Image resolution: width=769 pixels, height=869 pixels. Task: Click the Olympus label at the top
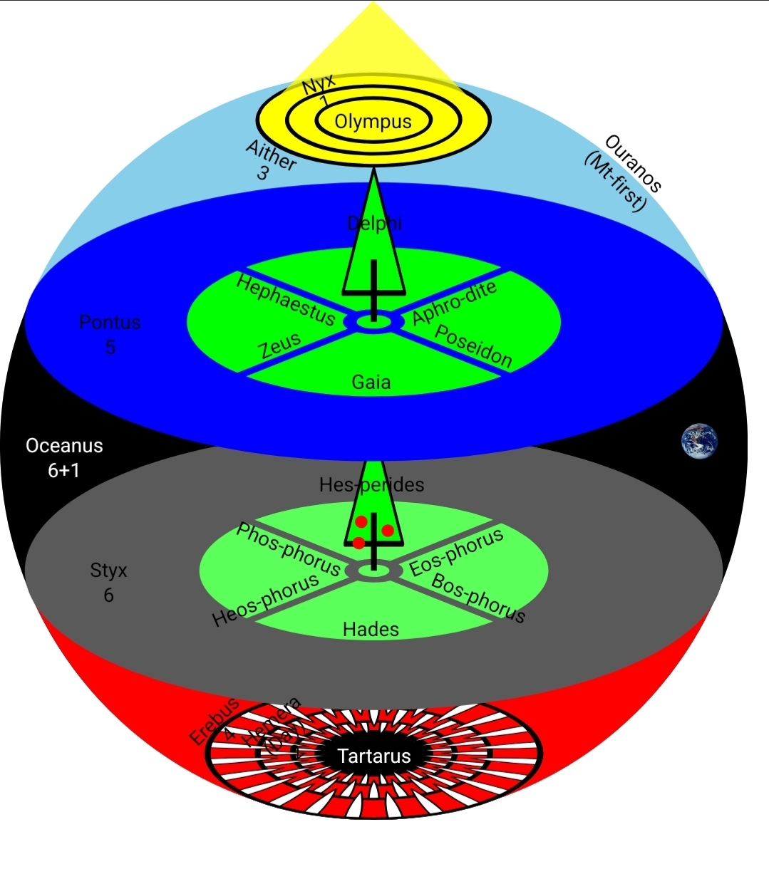click(373, 121)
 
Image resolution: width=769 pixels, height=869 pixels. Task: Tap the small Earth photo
click(699, 442)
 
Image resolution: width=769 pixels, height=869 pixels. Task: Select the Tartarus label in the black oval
click(373, 756)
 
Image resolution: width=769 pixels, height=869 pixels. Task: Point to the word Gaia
click(371, 383)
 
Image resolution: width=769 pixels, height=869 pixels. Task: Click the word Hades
click(371, 629)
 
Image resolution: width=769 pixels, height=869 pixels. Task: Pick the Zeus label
click(280, 345)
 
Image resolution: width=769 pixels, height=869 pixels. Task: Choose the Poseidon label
click(473, 346)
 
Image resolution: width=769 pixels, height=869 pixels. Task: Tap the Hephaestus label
click(285, 299)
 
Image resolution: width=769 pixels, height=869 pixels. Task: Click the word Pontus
click(110, 323)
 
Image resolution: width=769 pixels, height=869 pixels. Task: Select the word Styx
click(108, 571)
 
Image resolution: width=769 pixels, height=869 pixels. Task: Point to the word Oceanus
click(64, 446)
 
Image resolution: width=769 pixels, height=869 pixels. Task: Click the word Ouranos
click(634, 163)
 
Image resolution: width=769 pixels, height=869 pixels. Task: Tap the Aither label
click(271, 155)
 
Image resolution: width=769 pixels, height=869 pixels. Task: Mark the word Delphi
click(375, 224)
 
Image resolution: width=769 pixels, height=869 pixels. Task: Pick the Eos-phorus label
click(456, 552)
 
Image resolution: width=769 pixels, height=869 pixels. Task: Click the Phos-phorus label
click(288, 548)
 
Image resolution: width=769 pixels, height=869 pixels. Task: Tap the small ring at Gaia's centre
click(373, 323)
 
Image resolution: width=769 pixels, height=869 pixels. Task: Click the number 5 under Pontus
click(110, 347)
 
